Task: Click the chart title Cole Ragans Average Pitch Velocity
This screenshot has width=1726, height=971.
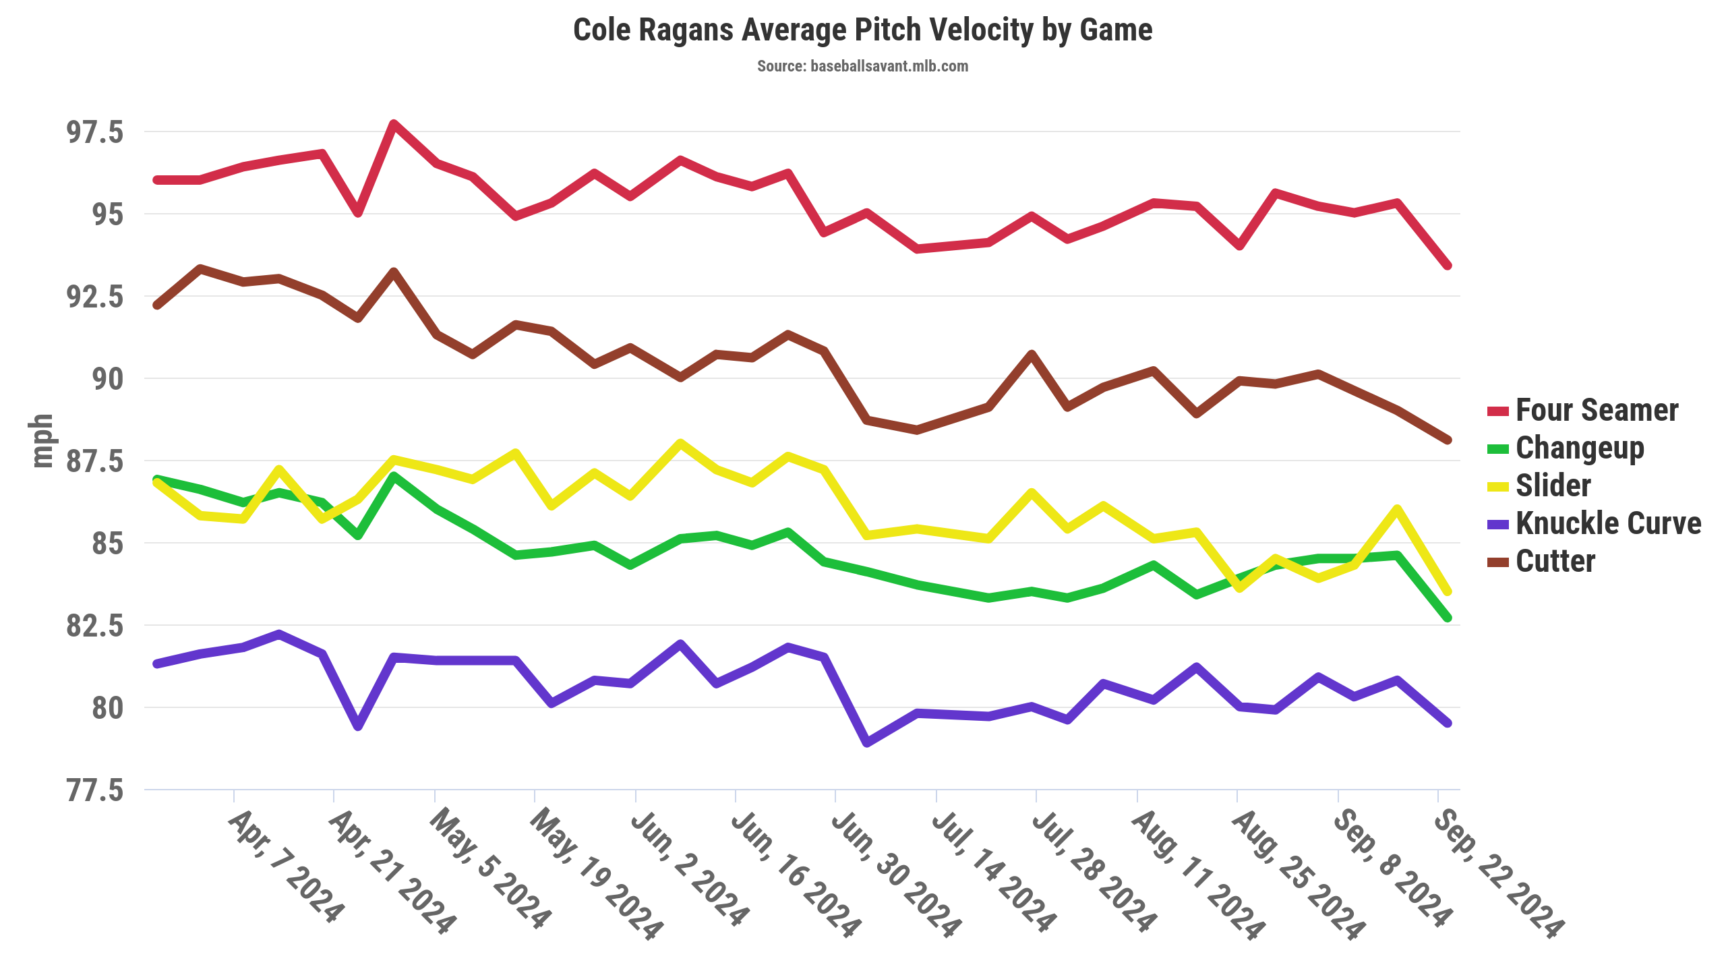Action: [862, 30]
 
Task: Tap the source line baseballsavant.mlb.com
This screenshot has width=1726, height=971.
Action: [862, 66]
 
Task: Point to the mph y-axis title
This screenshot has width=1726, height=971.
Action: [42, 441]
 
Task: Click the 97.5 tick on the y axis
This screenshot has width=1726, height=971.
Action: [95, 132]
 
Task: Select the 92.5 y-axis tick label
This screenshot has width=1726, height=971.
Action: [95, 297]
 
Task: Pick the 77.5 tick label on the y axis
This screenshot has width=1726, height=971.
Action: [95, 790]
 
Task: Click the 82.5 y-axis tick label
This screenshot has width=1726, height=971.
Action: [95, 626]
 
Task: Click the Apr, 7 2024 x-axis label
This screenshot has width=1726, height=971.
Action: [286, 866]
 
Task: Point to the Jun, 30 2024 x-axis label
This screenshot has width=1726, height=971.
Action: [896, 874]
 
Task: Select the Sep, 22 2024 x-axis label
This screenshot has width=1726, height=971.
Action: [1499, 874]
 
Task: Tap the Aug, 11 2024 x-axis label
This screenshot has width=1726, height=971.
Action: [1198, 874]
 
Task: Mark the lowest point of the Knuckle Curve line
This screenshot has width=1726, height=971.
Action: [867, 743]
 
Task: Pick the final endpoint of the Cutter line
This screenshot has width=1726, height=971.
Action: [1447, 440]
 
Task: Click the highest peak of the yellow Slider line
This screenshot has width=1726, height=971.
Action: [680, 443]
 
